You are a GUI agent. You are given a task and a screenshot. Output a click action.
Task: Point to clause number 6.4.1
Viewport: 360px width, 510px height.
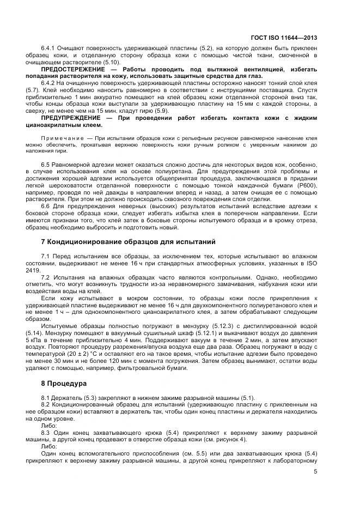tap(50, 49)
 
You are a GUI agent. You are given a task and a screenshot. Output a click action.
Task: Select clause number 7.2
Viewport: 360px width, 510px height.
tap(46, 276)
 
